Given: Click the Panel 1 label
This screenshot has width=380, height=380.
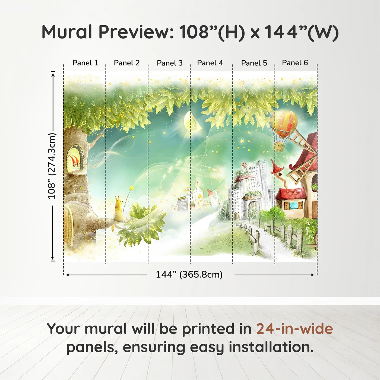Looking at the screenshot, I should pos(85,63).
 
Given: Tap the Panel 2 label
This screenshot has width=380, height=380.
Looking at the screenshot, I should pos(126,63).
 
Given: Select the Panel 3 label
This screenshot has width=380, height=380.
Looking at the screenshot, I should pos(170,63).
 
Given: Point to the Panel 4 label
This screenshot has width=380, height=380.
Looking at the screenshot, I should pos(210,63).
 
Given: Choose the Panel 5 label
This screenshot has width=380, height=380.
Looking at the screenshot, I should pos(254,63).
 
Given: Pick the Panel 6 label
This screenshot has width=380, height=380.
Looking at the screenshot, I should pos(295,63).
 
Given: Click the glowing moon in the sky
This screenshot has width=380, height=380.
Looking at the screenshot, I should pos(192,121).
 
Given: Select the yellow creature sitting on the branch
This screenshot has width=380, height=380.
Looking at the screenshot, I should pos(119,209).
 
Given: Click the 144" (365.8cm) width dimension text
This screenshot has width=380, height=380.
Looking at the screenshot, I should pos(189,274).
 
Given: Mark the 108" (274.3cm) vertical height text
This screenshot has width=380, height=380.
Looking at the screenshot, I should pos(52,166).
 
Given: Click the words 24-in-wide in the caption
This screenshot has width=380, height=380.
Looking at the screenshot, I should pos(294,329).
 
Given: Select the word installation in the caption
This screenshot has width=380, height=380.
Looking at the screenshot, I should pos(271,347).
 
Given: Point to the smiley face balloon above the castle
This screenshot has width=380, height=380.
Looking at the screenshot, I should pos(245,164).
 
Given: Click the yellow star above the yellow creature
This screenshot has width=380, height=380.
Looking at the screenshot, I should pos(132,188).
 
